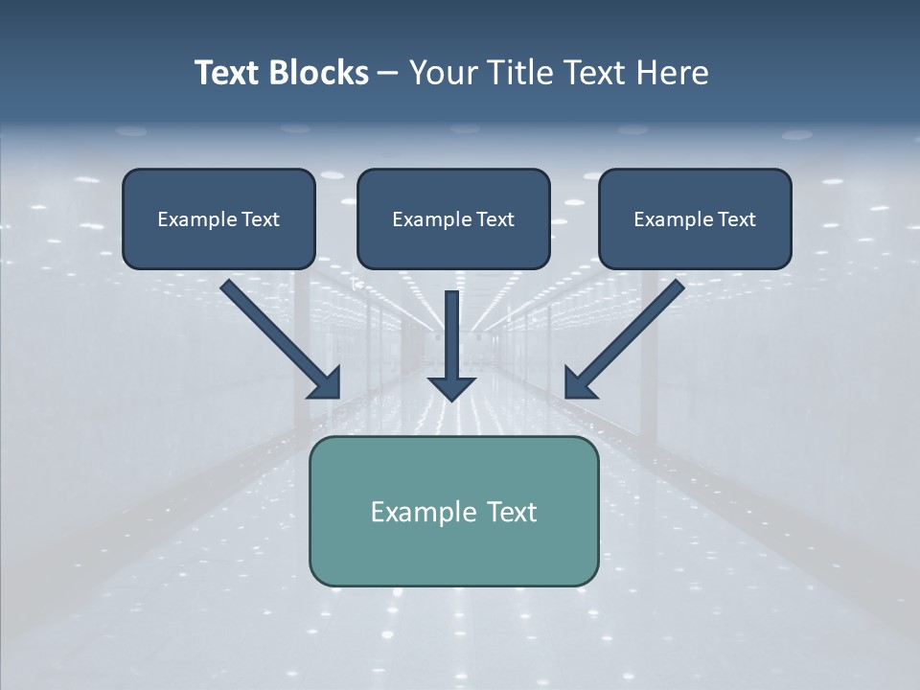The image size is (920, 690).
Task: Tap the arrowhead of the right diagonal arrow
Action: tap(579, 383)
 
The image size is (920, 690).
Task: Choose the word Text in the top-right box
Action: tap(736, 219)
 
